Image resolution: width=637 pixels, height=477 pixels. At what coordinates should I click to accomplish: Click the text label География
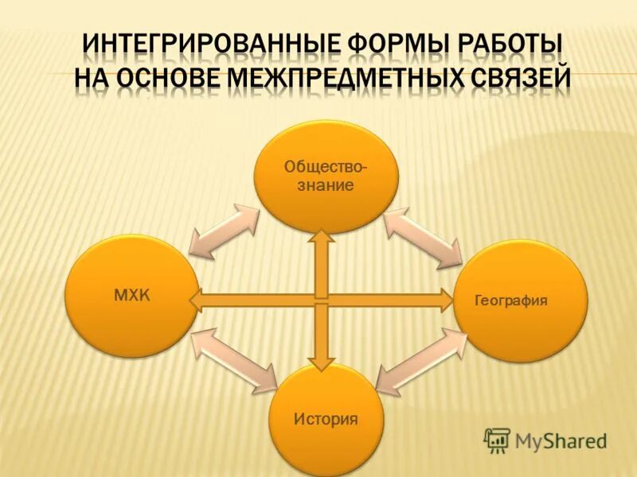coord(510,301)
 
